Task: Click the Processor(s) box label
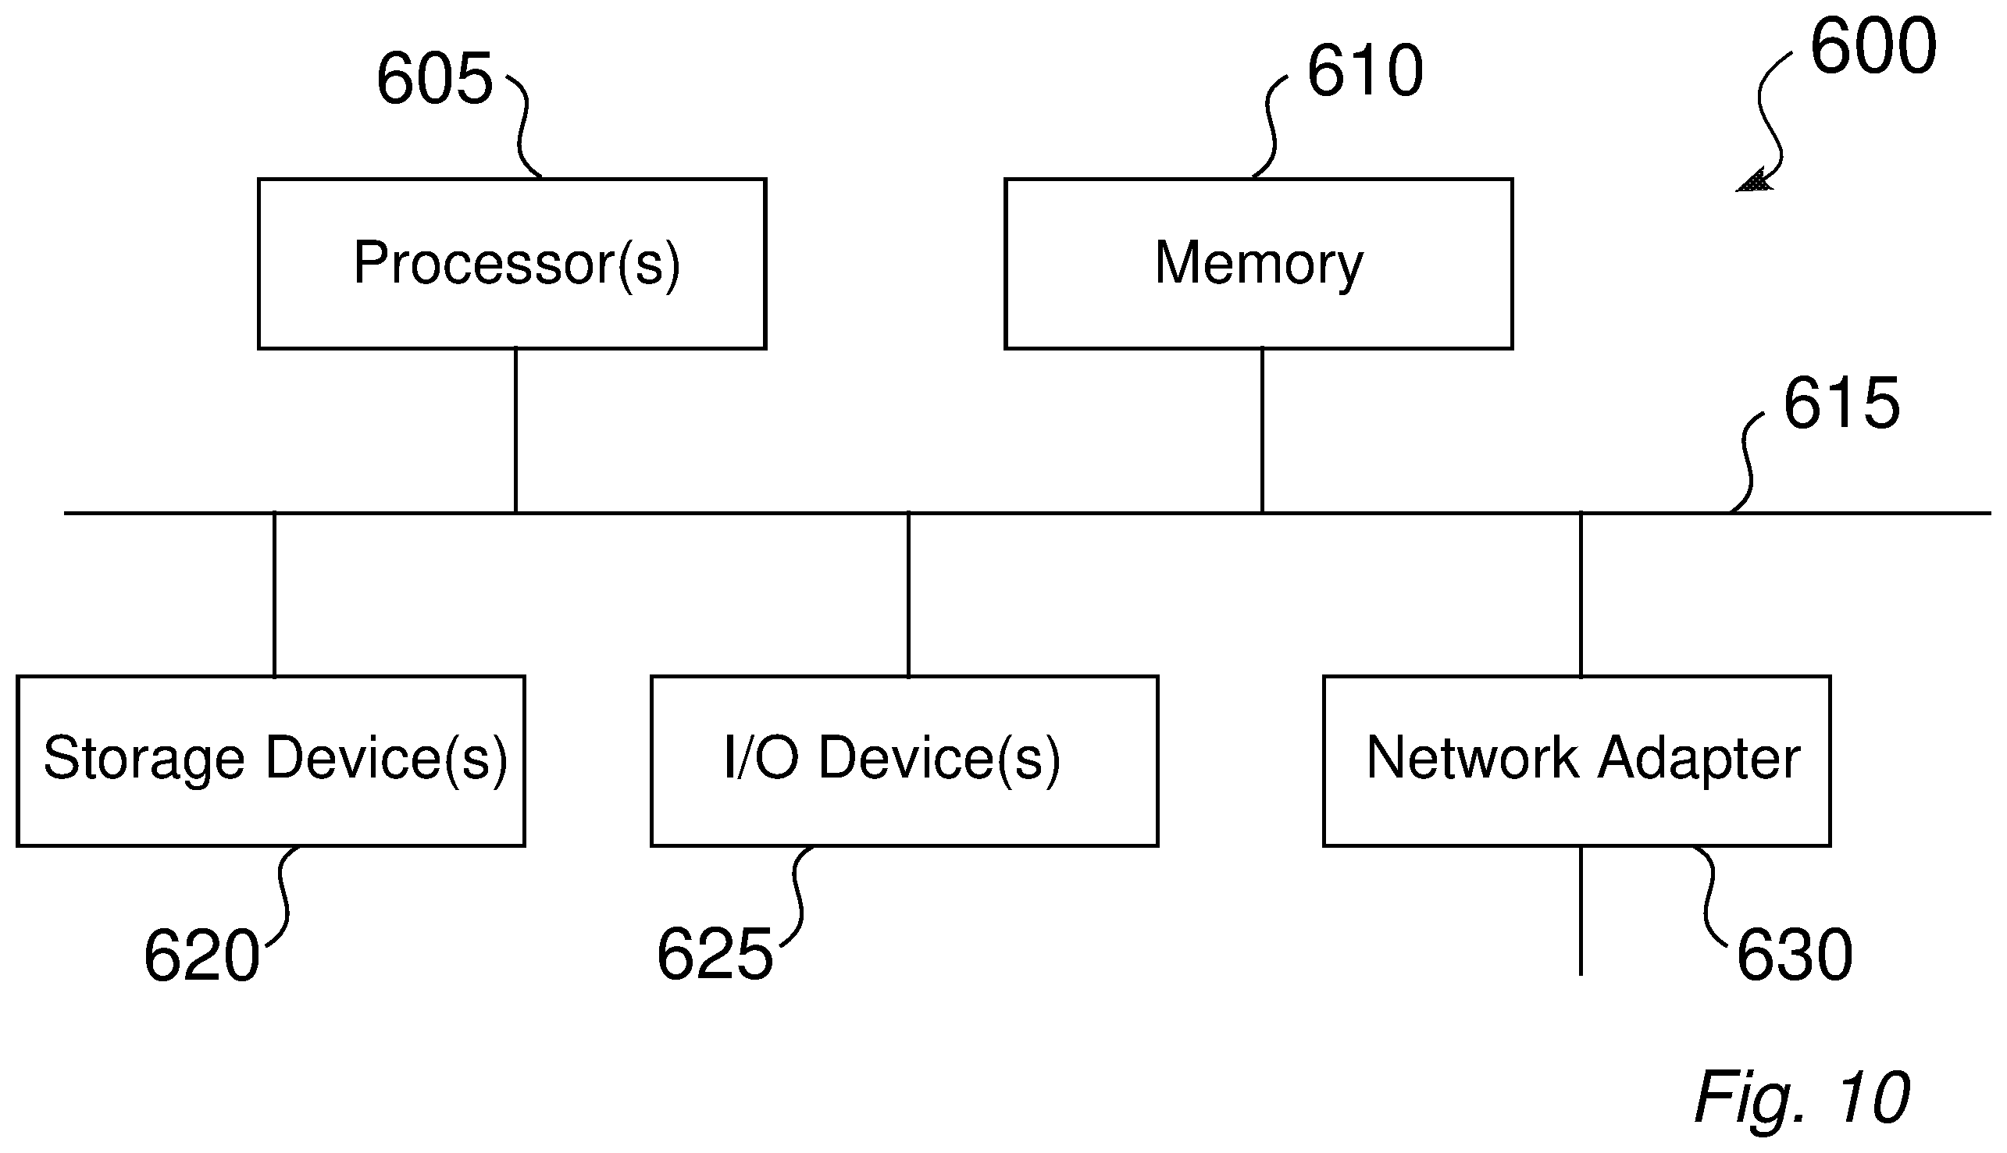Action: pos(516,265)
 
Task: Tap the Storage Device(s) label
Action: pos(275,760)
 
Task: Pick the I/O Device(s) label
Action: pos(892,760)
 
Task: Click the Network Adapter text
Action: pos(1584,760)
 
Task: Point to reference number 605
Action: pos(434,77)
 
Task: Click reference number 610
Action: pos(1364,70)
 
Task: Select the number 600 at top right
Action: pos(1873,47)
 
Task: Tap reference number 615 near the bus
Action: pos(1841,403)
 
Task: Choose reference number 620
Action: pos(202,955)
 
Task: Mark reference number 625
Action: pos(715,954)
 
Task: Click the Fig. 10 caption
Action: pos(1802,1097)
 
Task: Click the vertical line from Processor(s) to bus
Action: pos(515,431)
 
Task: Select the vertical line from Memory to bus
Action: pos(1262,431)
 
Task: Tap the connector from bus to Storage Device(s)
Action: pos(274,595)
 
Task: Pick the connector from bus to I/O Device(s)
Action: pos(908,595)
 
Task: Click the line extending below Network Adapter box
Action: pos(1581,911)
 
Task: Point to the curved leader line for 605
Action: pos(522,126)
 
